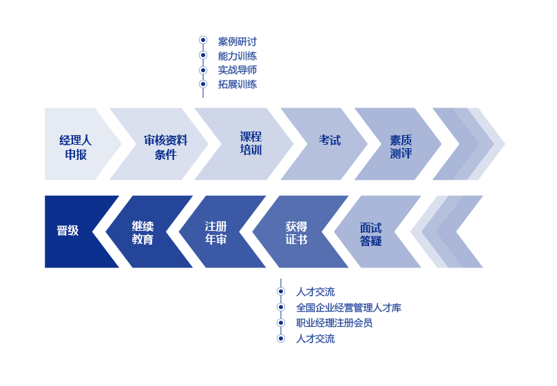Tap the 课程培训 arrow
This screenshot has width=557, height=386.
(x=251, y=143)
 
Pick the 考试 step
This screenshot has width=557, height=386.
(x=329, y=141)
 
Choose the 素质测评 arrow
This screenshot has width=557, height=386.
(x=401, y=147)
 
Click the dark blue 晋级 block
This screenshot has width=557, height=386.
(x=68, y=231)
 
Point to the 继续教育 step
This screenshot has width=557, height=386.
(x=143, y=233)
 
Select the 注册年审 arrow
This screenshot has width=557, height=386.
(x=216, y=233)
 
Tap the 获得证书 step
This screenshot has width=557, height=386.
(x=296, y=233)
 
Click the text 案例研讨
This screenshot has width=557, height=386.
(x=237, y=42)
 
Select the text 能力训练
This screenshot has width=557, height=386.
(x=237, y=56)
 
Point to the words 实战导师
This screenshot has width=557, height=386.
(x=237, y=70)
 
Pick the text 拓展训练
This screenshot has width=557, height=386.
(x=237, y=84)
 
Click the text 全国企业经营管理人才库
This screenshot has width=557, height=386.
(x=348, y=307)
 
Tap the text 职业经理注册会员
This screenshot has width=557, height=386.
(x=334, y=323)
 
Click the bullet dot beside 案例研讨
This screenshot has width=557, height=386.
(x=203, y=41)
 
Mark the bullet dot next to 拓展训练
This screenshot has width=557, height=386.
(x=203, y=84)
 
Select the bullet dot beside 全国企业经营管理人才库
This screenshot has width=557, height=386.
(x=281, y=307)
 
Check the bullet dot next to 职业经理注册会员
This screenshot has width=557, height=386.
(x=281, y=323)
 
